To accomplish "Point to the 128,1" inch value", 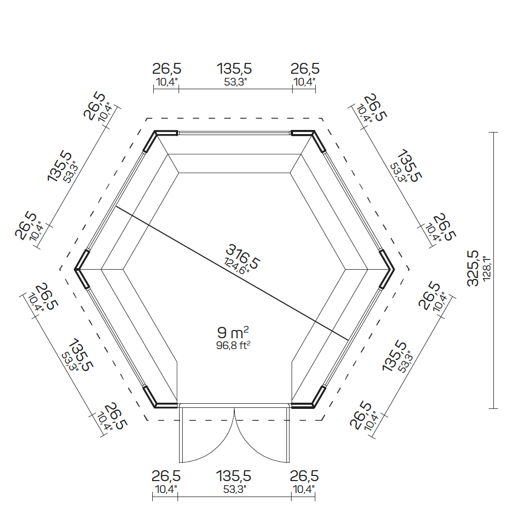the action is [x=487, y=269].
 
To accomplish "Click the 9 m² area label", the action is [x=233, y=333].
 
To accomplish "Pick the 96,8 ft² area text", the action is [x=233, y=345].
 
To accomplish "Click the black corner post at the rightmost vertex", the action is [x=387, y=269].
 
